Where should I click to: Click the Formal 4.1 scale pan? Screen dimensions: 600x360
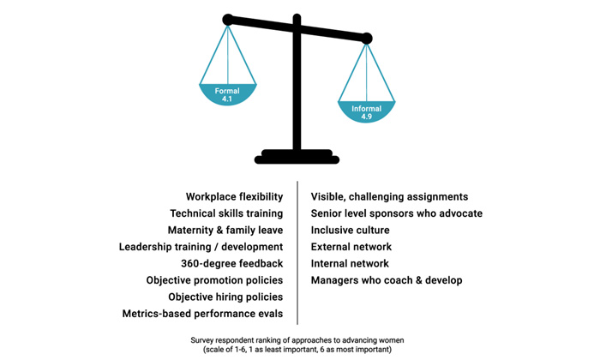coord(228,93)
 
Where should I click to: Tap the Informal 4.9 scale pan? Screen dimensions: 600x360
coord(366,111)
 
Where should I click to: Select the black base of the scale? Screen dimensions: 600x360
coord(297,157)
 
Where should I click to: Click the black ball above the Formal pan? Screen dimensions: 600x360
coord(228,20)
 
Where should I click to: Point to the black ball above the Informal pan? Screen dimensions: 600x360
coord(367,39)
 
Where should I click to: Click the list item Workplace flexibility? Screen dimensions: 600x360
coord(235,196)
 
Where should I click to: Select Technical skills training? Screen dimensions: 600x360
coord(226,213)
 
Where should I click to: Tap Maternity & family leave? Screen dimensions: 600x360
coord(225,231)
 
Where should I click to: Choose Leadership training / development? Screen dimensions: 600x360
coord(201,247)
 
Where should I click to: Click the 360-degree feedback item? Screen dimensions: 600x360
coord(232,264)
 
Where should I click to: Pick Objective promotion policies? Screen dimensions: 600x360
coord(214,280)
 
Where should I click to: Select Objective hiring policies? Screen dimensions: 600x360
coord(225,297)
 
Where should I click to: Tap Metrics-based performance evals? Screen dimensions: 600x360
coord(203,314)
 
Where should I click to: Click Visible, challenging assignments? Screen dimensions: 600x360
coord(389,196)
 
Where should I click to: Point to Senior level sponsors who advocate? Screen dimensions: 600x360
coord(397,213)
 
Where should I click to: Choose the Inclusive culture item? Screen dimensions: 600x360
coord(350,231)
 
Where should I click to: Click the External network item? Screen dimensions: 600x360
coord(351,247)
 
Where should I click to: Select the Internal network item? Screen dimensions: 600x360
coord(350,264)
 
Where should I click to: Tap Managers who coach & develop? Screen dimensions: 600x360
coord(387,280)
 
